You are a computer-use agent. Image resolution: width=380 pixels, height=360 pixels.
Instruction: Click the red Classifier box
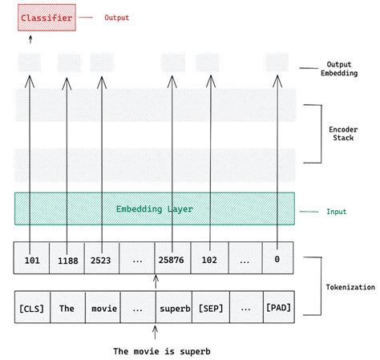point(46,17)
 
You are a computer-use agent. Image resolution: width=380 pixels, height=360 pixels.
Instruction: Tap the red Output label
point(116,17)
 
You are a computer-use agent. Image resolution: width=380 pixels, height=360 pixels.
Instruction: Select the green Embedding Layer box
point(154,208)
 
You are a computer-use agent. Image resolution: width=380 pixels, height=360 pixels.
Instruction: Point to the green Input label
point(336,212)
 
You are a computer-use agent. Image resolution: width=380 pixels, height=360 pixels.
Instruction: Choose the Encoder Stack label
point(344,132)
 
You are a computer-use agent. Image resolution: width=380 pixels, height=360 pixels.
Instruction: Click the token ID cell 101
point(32,260)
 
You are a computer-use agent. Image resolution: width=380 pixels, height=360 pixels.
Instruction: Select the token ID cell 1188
point(67,260)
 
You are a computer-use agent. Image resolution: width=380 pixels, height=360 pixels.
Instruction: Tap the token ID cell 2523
point(102,260)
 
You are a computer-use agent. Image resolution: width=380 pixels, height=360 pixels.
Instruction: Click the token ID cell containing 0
point(277,260)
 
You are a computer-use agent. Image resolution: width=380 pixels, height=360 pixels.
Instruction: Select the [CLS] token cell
point(32,308)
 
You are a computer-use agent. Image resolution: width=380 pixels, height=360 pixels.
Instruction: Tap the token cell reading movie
point(102,308)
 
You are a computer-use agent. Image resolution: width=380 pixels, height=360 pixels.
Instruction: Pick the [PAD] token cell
point(277,308)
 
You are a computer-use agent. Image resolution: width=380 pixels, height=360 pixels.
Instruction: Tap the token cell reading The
point(67,308)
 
